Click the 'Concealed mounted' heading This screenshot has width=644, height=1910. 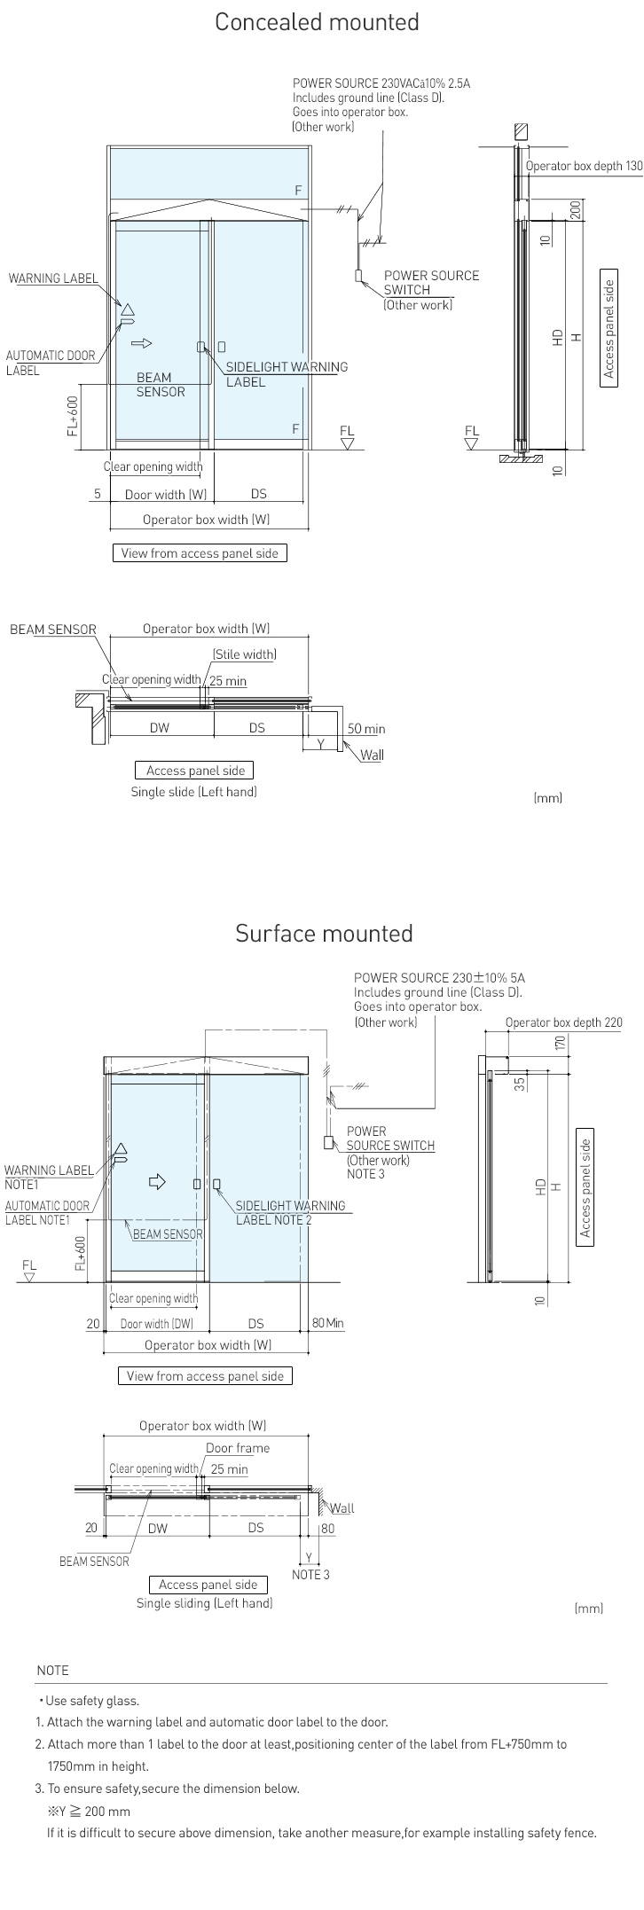pos(317,22)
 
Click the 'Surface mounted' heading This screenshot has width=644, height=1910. pos(324,934)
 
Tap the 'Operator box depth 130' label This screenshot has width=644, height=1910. pos(584,166)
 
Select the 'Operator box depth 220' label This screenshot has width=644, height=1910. pos(563,1022)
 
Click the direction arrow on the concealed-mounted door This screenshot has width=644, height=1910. pos(142,343)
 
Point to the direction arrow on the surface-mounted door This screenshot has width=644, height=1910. pos(157,1181)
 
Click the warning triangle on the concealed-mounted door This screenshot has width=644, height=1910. pos(127,309)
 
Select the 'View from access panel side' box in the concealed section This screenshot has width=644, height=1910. pos(200,553)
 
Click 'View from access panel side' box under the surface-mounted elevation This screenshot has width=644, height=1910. pos(205,1376)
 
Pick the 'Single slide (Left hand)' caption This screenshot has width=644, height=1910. pos(193,792)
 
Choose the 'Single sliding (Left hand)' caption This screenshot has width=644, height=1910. pos(204,1603)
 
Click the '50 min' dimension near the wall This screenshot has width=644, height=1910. pos(365,729)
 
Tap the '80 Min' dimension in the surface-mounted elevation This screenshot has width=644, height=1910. pos(327,1324)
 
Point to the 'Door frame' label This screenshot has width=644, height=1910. pos(238,1448)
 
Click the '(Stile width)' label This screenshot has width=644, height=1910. pos(244,655)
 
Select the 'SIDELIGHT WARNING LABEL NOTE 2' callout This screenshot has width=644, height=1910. pos(289,1212)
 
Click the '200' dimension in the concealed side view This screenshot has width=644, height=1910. pos(575,209)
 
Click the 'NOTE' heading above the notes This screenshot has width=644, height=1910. pos(52,1671)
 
